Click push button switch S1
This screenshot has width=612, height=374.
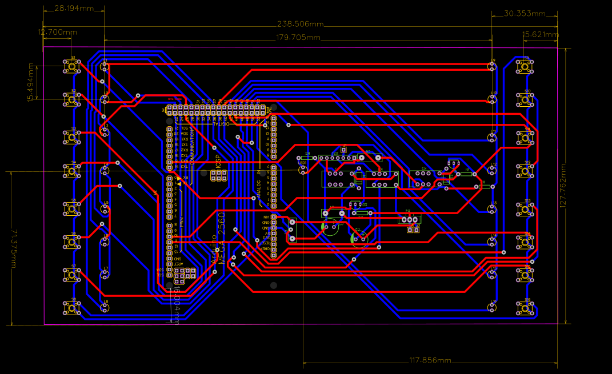click(x=71, y=67)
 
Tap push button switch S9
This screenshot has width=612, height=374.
click(x=523, y=67)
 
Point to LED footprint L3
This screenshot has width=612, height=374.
click(x=104, y=132)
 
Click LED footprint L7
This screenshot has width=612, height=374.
click(x=104, y=275)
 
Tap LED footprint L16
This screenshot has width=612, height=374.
click(x=492, y=307)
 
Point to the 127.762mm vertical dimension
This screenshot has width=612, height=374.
click(x=564, y=186)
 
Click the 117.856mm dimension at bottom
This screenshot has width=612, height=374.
click(x=430, y=361)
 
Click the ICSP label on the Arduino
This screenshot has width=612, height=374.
click(x=218, y=161)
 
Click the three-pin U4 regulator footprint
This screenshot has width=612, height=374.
click(x=409, y=219)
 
